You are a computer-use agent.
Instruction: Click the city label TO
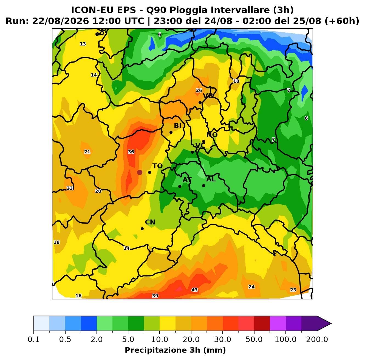(x=158, y=166)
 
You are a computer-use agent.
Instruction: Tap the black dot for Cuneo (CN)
(x=142, y=229)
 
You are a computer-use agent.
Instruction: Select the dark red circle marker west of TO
(x=140, y=173)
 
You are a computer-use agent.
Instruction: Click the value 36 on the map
(x=131, y=152)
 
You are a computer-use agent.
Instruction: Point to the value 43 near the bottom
(x=194, y=290)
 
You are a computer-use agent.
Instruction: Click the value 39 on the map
(x=155, y=296)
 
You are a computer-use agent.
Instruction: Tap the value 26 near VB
(x=199, y=91)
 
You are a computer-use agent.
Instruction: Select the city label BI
(x=177, y=126)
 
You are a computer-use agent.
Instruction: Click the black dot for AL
(x=203, y=185)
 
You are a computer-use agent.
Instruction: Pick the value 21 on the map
(x=87, y=152)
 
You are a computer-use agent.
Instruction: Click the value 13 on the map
(x=83, y=44)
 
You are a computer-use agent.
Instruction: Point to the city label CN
(x=150, y=222)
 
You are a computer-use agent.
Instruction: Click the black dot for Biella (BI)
(x=171, y=132)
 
